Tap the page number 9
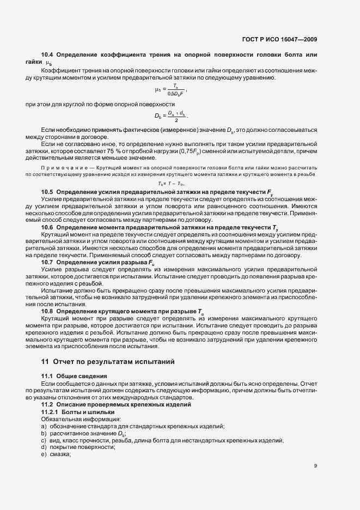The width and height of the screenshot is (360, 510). (x=315, y=466)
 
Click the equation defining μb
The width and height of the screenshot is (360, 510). (x=171, y=89)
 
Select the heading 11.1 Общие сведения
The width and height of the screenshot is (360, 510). (x=75, y=377)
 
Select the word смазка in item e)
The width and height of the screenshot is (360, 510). (x=60, y=454)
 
